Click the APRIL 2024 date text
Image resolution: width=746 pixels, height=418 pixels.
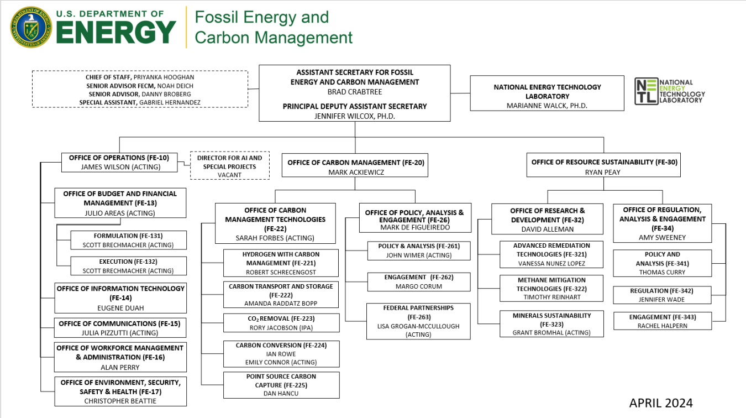[x=660, y=403]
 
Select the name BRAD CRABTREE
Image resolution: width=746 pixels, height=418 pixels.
[x=354, y=92]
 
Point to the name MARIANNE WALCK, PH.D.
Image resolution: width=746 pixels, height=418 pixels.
[x=547, y=106]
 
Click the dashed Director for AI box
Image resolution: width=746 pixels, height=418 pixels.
[x=229, y=166]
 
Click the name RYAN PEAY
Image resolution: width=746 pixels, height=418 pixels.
[x=603, y=172]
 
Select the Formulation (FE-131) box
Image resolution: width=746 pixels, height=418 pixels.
[x=128, y=240]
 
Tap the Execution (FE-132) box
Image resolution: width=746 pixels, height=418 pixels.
[x=128, y=266]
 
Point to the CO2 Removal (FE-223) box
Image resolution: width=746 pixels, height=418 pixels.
[x=281, y=323]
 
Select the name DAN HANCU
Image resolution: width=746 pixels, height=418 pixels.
[x=281, y=394]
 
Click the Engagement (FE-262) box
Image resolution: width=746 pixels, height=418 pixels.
[x=418, y=281]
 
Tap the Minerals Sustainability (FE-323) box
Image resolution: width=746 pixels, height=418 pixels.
[x=551, y=324]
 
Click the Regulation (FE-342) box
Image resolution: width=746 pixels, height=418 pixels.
[x=662, y=295]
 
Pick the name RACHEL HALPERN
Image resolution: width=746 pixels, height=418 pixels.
[x=662, y=326]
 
